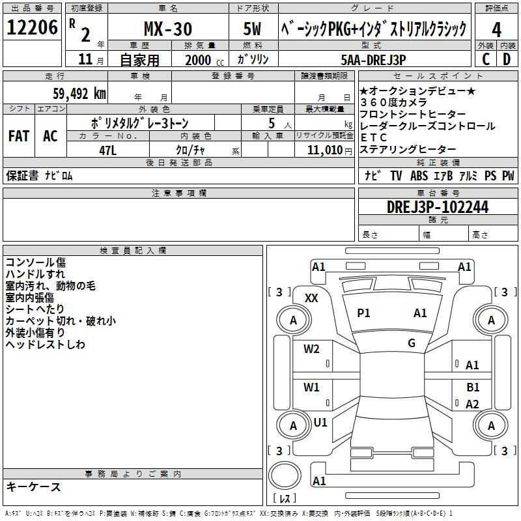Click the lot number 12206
32,27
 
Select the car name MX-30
168,29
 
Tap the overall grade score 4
496,30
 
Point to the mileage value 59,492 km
79,94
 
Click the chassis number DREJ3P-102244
438,207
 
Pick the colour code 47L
107,150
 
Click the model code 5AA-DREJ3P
373,60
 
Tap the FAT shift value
19,136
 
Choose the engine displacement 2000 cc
204,60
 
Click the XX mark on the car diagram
311,298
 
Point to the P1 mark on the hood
363,313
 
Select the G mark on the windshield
412,343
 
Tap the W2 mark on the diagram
311,349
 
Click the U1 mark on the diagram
320,423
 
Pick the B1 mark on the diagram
473,387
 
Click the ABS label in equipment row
419,176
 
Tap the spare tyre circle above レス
285,475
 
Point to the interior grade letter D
507,59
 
